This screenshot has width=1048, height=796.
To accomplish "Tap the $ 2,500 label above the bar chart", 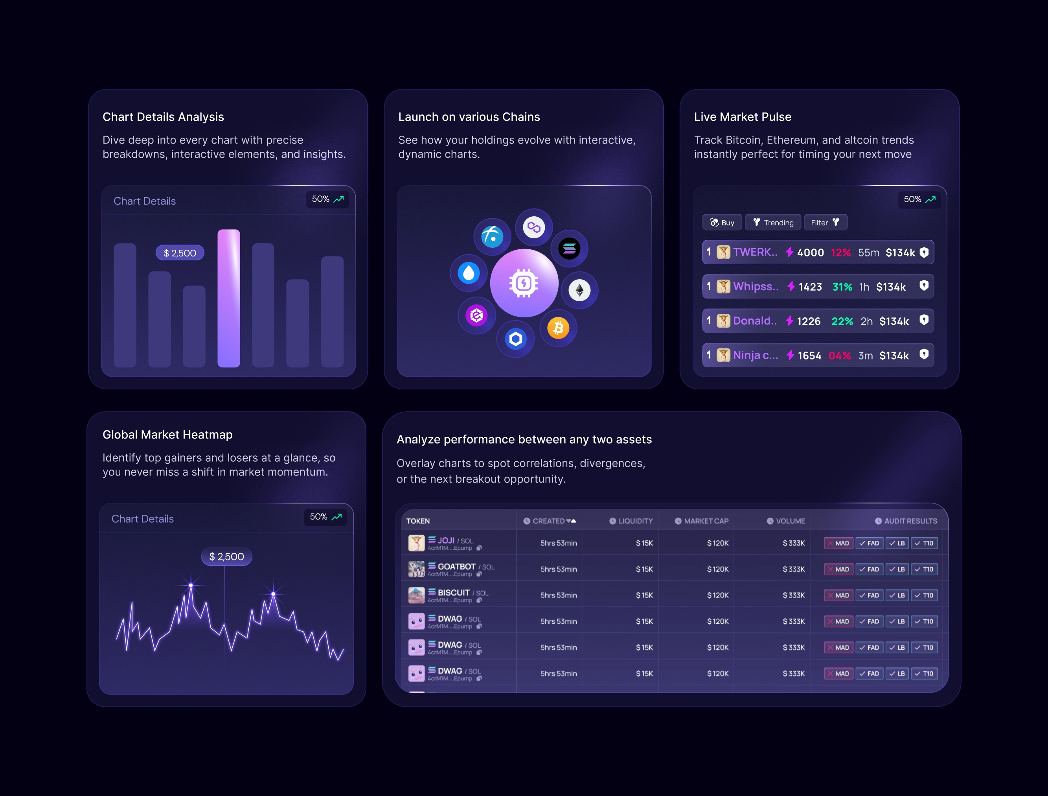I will pos(180,253).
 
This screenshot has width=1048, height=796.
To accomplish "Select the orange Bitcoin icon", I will pos(558,328).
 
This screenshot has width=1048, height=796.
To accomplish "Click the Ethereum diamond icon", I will pos(579,290).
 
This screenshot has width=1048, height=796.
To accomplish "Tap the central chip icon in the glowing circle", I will pos(524,284).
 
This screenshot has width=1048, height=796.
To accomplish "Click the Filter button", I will pos(825,222).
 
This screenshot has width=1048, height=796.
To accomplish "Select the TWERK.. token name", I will pos(755,252).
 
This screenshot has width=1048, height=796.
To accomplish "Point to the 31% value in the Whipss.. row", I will pos(842,287).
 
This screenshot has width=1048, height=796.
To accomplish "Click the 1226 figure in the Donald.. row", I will pos(808,321).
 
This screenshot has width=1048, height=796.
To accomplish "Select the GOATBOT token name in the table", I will pos(456,567).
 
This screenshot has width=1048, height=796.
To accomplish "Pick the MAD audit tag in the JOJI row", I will pos(838,543).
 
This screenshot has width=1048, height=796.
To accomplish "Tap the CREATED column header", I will pos(549,521).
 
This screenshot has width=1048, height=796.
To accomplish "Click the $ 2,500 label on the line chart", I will pos(226,556).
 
